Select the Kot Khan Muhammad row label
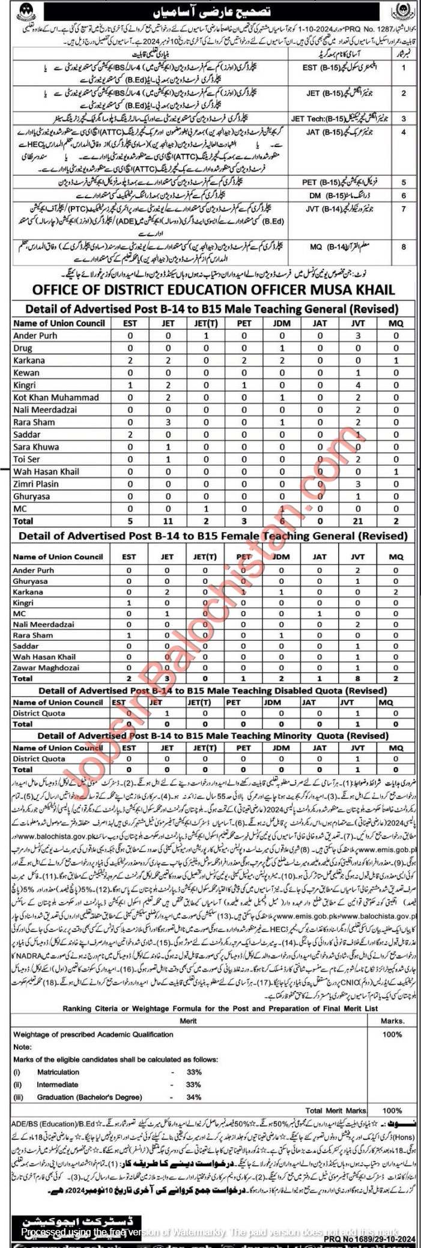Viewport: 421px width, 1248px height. [56, 398]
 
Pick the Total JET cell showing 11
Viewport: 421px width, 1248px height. [168, 521]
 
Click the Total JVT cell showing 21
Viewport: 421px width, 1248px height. [357, 521]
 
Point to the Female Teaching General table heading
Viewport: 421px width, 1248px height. [213, 536]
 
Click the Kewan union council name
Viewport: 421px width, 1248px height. [28, 373]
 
